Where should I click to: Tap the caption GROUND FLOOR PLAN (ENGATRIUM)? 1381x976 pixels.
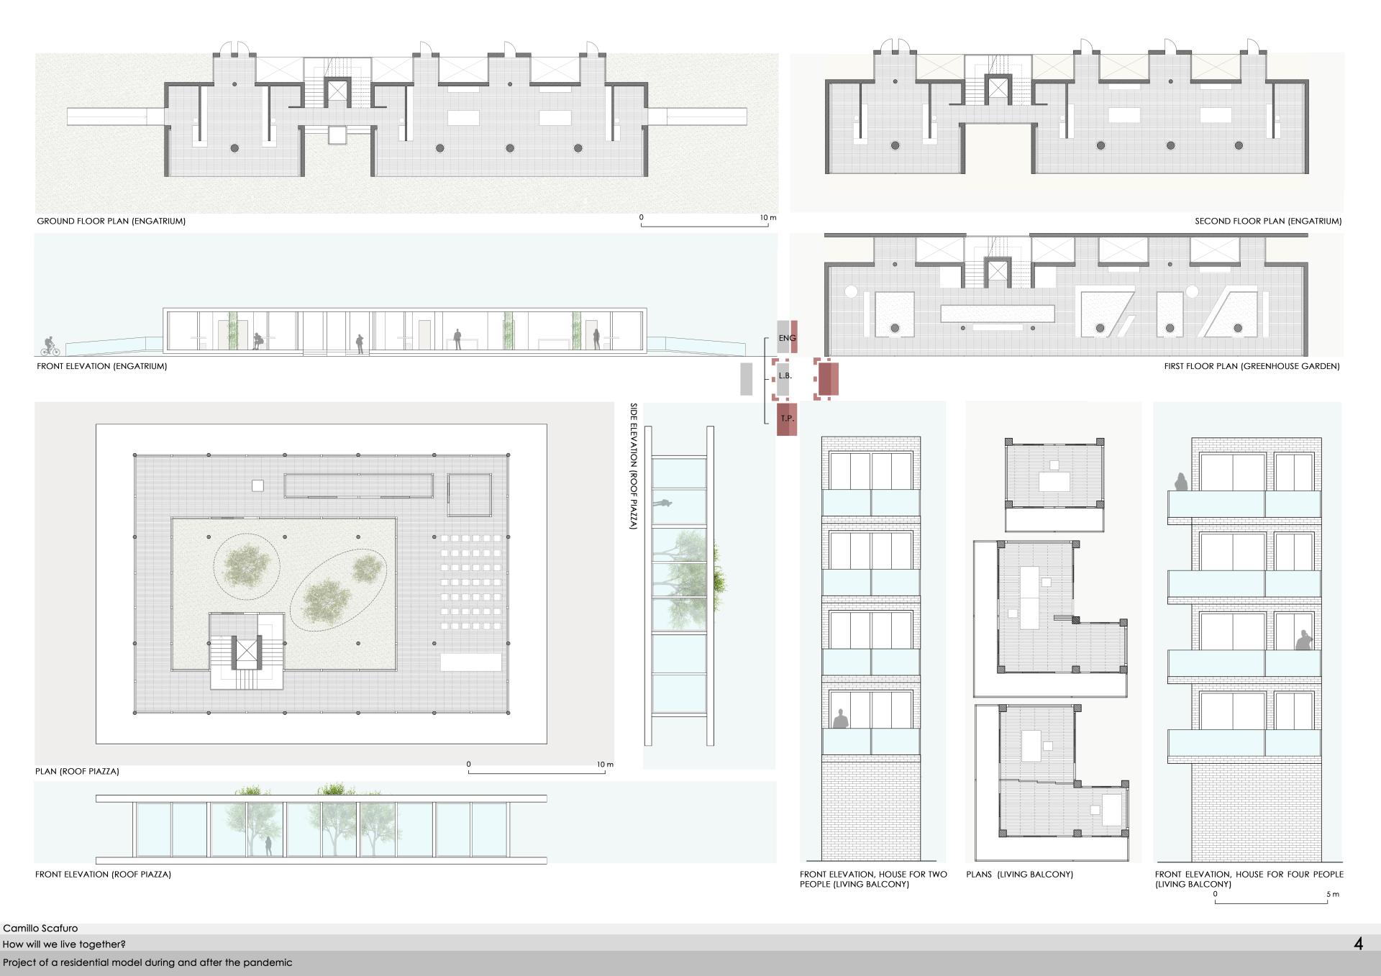coord(111,222)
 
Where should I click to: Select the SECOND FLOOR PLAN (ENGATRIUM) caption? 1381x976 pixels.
coord(1268,222)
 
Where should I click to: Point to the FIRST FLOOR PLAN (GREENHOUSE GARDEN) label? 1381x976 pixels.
coord(1252,366)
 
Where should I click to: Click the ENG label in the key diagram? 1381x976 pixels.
coord(787,338)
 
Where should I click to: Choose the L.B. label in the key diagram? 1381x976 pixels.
coord(785,375)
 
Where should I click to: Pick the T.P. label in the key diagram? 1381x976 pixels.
coord(787,418)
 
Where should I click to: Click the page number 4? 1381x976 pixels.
coord(1358,944)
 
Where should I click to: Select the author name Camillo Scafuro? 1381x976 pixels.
coord(40,929)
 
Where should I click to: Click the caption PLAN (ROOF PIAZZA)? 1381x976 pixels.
coord(77,771)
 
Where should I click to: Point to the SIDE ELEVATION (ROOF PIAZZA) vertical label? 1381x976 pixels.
coord(634,466)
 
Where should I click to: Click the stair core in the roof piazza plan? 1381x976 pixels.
coord(247,652)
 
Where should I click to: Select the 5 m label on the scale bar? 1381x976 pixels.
coord(1333,895)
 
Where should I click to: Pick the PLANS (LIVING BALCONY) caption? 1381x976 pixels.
coord(1019,875)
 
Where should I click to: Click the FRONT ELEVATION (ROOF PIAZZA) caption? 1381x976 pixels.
coord(103,875)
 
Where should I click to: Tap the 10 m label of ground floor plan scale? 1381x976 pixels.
coord(768,217)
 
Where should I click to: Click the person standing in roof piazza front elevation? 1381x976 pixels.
coord(268,846)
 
